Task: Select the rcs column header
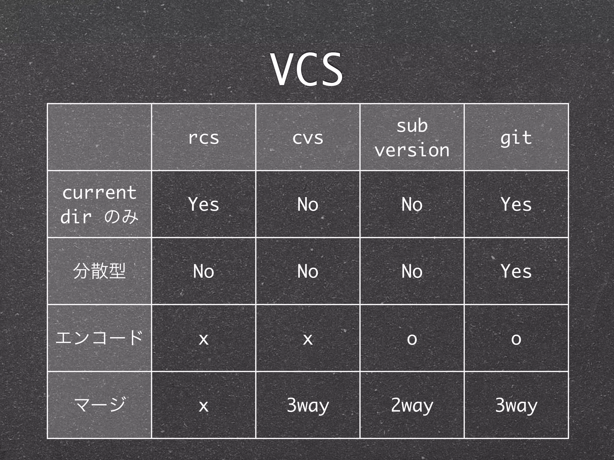click(204, 138)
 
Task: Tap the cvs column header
click(308, 138)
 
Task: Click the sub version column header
click(412, 138)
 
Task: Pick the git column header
click(516, 138)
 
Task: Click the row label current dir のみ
click(99, 205)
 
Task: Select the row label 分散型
click(99, 271)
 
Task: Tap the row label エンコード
click(99, 338)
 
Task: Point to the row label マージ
click(99, 405)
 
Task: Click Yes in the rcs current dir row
click(204, 205)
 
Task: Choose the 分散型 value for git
click(516, 271)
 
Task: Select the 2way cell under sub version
click(412, 405)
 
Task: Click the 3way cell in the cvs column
click(308, 405)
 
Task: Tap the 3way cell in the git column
click(516, 405)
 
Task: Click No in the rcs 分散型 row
click(204, 271)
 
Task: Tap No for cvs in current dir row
click(308, 205)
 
